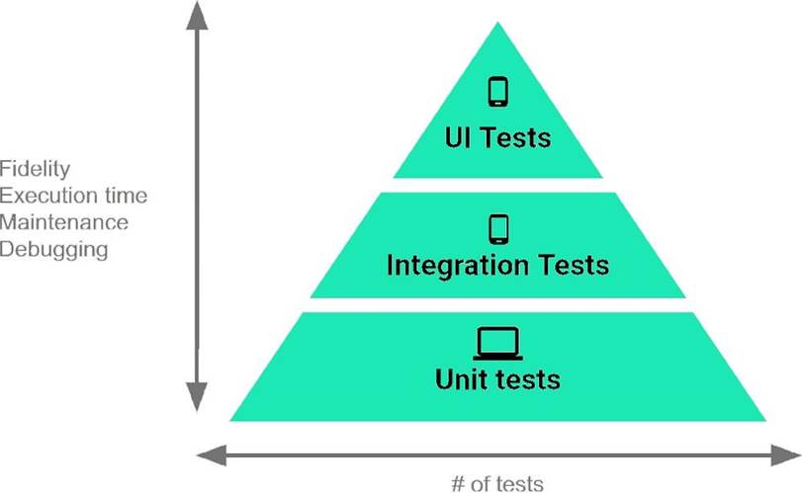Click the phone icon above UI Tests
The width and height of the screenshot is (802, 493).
[498, 92]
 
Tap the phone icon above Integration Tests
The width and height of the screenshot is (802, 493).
[498, 228]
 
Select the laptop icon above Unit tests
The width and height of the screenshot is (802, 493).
[498, 344]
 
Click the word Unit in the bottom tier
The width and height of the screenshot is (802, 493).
[463, 378]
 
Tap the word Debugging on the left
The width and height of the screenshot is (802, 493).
[53, 249]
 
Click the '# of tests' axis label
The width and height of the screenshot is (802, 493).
[496, 483]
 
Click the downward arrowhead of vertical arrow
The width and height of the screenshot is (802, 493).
[197, 396]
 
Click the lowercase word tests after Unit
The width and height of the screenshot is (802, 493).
[529, 378]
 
